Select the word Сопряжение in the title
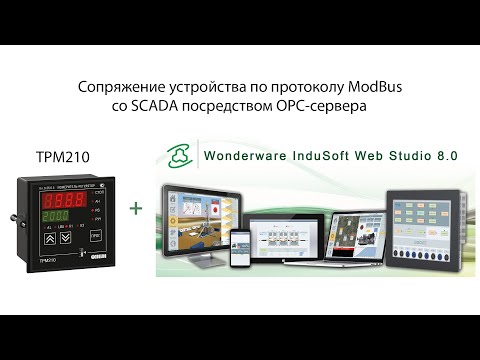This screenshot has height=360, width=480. [118, 88]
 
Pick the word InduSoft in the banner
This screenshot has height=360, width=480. [323, 157]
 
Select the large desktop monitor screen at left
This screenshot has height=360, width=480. [200, 215]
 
